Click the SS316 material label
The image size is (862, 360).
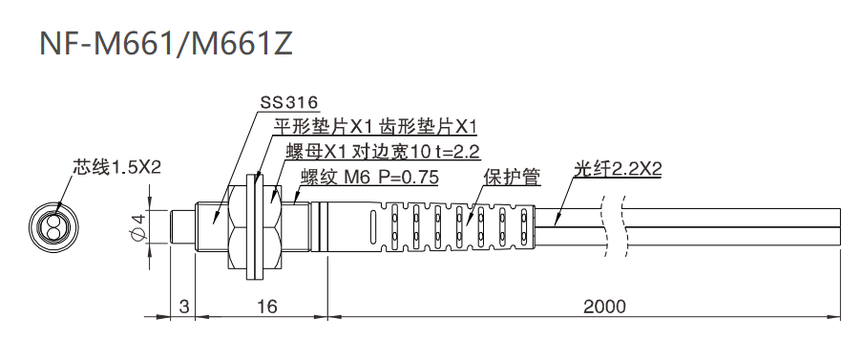[288, 103]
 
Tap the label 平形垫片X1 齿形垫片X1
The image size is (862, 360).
[375, 126]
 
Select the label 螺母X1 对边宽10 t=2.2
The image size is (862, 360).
[382, 151]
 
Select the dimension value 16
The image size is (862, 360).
[267, 307]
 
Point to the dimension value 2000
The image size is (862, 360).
[604, 307]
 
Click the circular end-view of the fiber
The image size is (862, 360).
[53, 226]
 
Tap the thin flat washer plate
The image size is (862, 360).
[252, 226]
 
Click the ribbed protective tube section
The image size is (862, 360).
[449, 226]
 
